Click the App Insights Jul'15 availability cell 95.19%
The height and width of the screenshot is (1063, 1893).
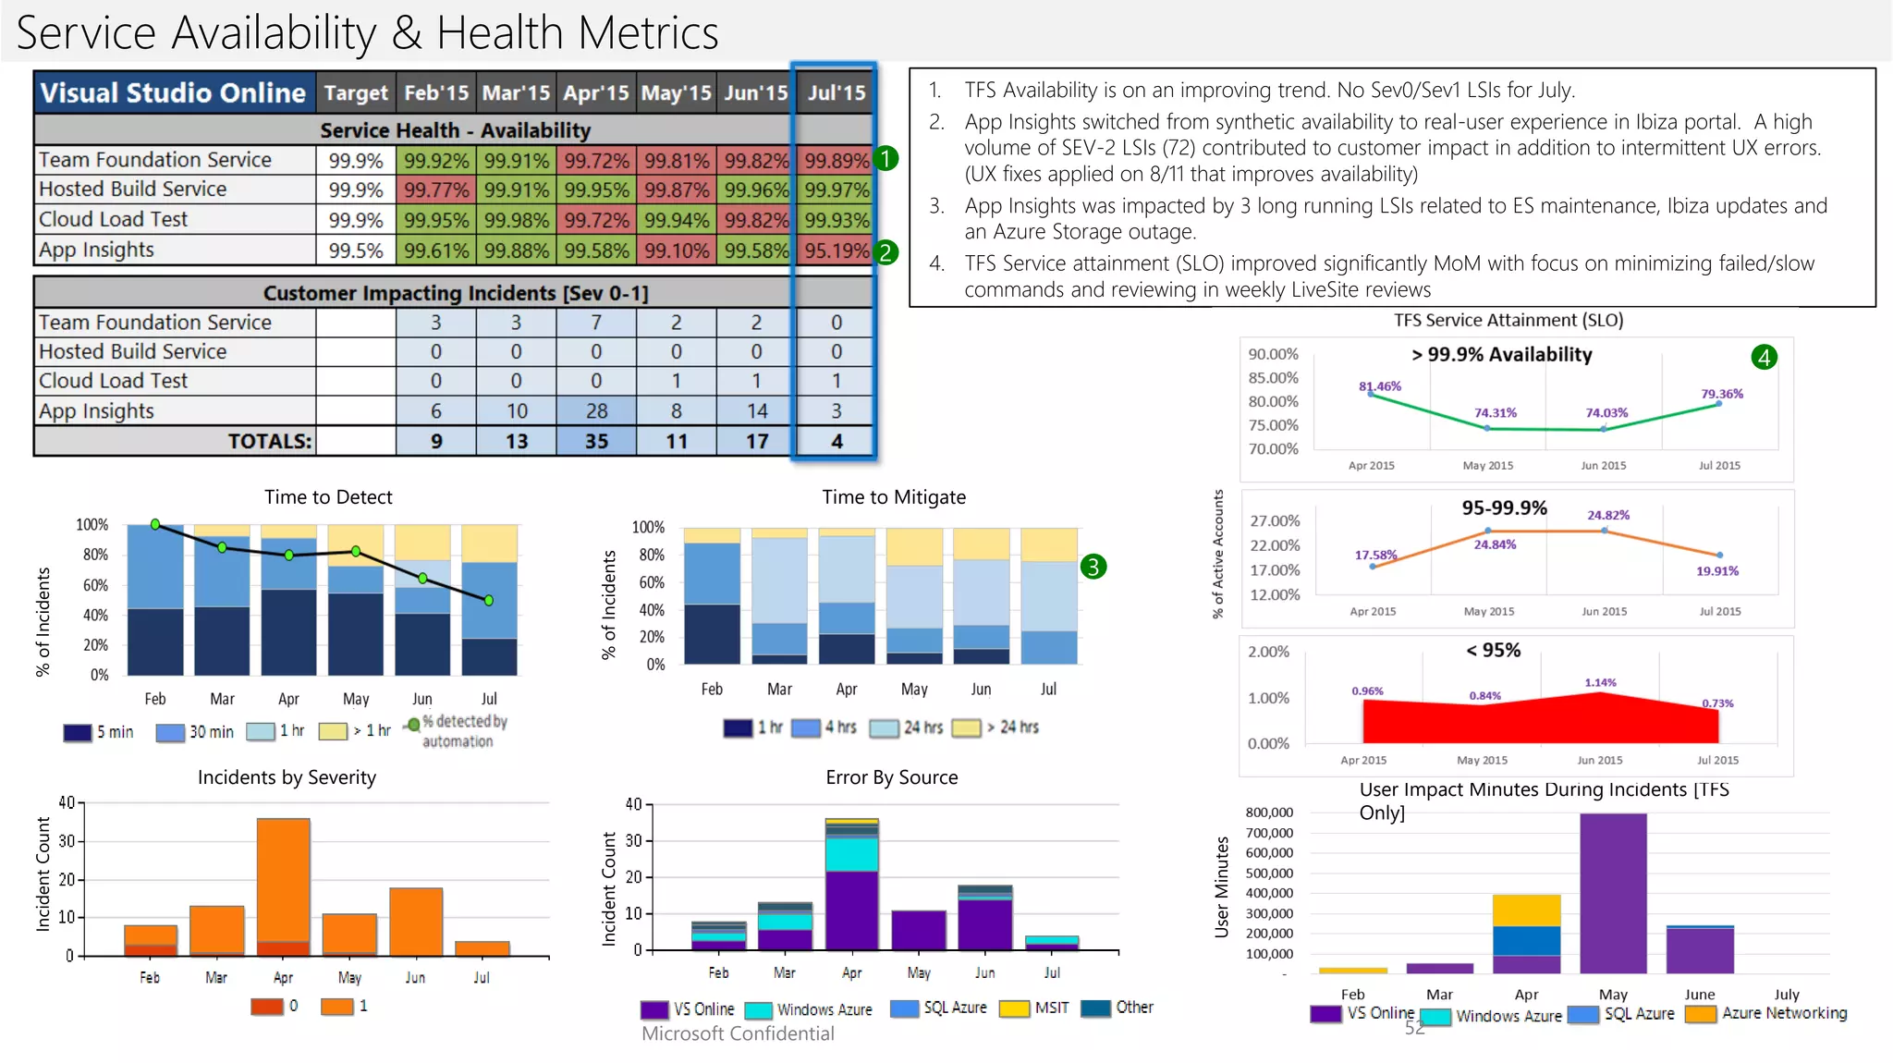click(836, 250)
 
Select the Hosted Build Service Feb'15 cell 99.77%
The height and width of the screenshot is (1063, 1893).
click(435, 190)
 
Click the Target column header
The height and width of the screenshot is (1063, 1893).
click(356, 93)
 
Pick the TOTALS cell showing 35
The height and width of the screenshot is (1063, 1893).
click(596, 442)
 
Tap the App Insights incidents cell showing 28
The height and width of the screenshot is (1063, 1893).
click(596, 411)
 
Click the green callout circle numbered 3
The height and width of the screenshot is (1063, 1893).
click(1093, 567)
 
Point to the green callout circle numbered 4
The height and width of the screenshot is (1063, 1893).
click(1764, 357)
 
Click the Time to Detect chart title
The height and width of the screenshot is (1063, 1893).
click(328, 497)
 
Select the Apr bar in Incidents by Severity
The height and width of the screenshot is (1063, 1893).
click(283, 887)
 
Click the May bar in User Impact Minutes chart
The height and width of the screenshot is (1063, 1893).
click(1613, 892)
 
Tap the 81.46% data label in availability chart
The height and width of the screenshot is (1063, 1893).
click(1379, 386)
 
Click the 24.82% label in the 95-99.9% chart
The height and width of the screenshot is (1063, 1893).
click(1608, 515)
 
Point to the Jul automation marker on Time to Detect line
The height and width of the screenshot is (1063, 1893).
click(489, 601)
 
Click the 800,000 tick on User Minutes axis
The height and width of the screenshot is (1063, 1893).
click(1269, 813)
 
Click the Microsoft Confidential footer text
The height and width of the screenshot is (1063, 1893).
click(738, 1034)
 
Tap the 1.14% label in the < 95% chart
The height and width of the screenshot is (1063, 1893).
click(1600, 683)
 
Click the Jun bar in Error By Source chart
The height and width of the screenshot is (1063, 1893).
click(985, 919)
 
